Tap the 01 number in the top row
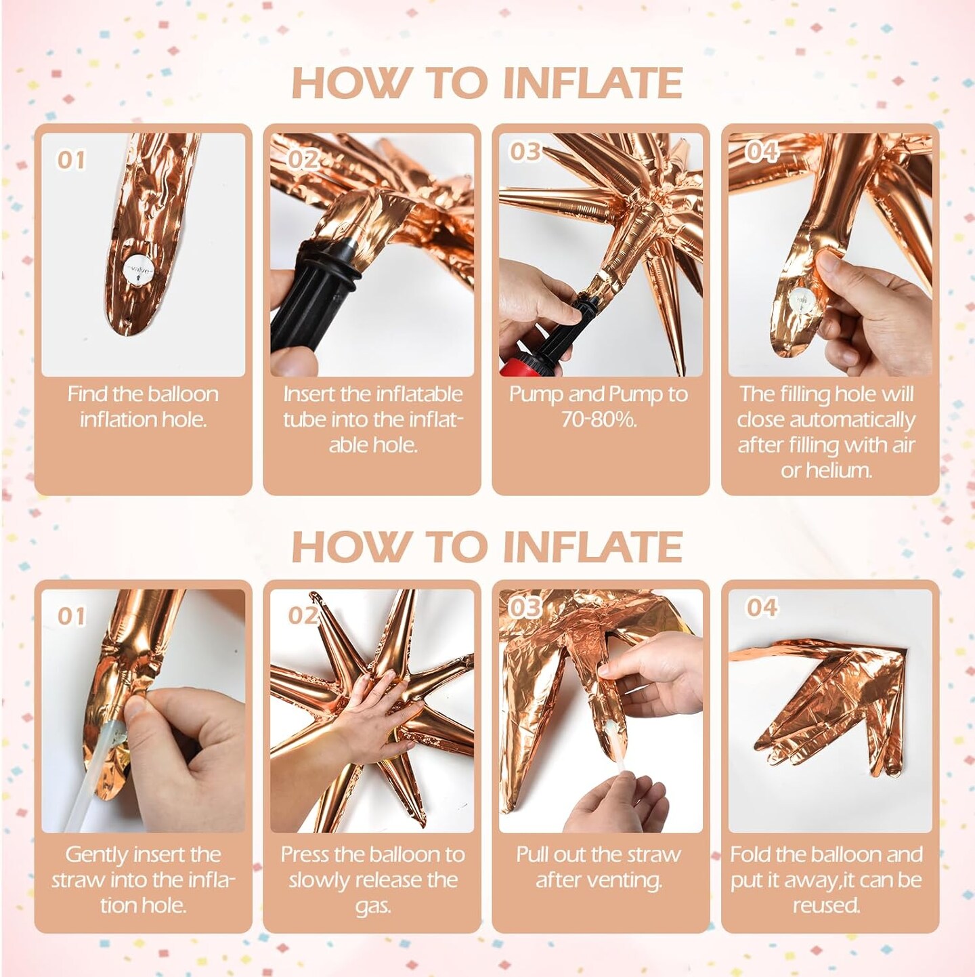pos(71,160)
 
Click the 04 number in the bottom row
pos(762,607)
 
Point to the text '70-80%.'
pos(599,419)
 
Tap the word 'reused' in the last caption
pos(826,905)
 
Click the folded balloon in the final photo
pos(840,711)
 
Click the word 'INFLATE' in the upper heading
pos(593,83)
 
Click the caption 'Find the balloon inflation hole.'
pos(143,407)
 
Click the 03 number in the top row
pos(525,152)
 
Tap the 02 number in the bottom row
pos(303,615)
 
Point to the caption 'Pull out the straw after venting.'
pos(599,867)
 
